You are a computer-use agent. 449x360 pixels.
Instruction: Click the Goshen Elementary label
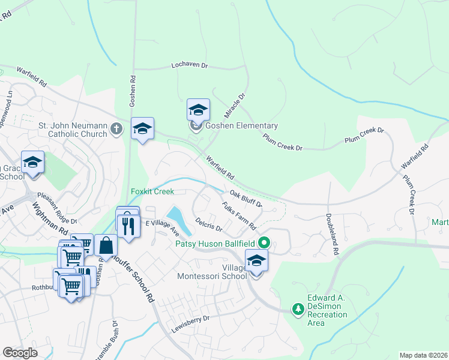click(241, 126)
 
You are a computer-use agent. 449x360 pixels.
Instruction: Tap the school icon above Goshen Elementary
click(198, 110)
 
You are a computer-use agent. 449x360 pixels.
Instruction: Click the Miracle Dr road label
click(235, 104)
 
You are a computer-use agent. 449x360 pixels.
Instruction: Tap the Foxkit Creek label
click(152, 192)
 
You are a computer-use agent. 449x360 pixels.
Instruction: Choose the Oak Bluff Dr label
click(246, 199)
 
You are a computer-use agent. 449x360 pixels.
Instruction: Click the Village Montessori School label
click(211, 271)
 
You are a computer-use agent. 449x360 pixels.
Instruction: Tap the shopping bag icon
click(106, 245)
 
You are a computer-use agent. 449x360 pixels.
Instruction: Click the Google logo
click(20, 353)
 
